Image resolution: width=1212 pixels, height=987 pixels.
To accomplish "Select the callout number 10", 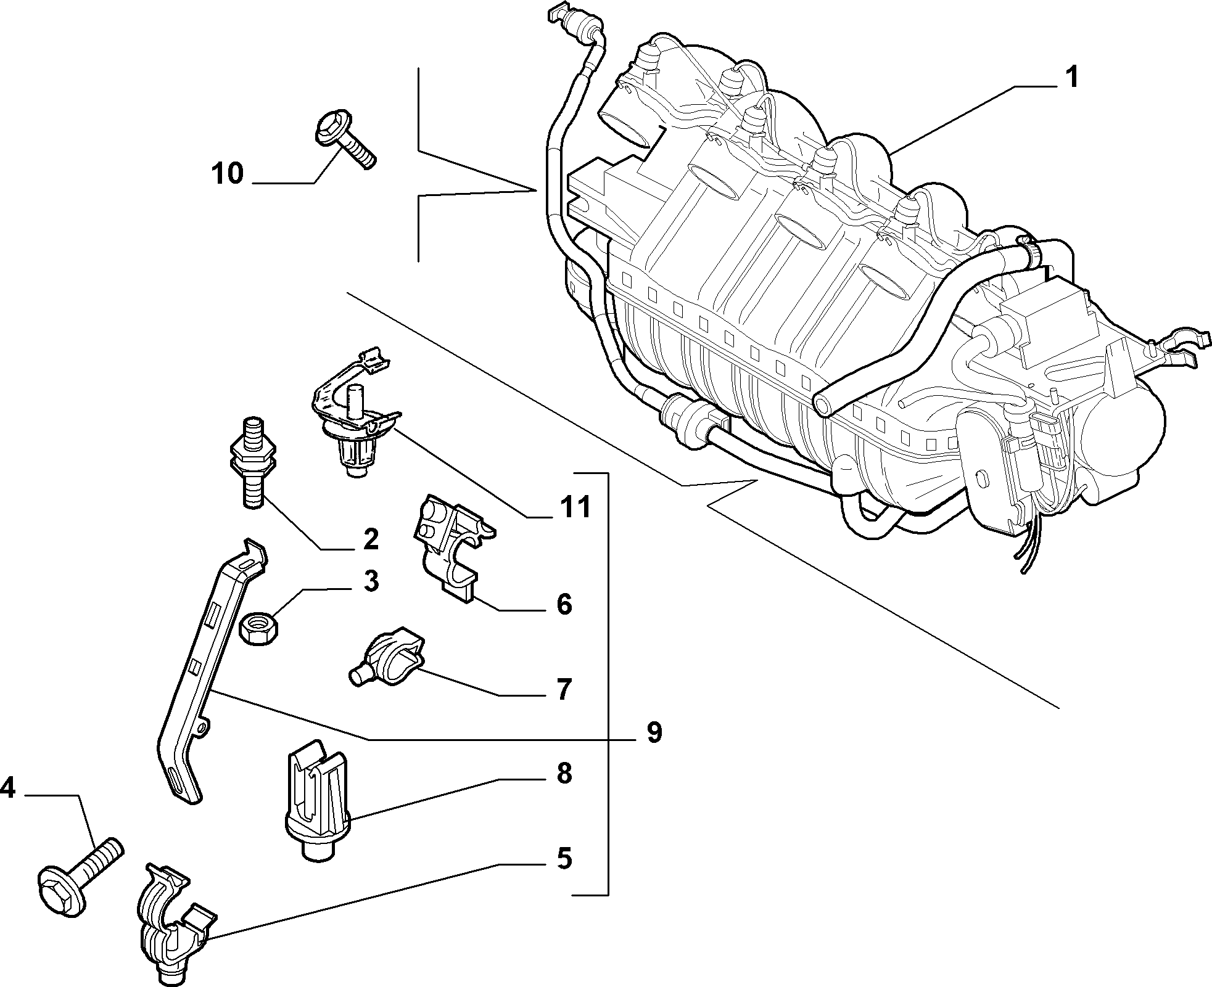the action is (228, 173).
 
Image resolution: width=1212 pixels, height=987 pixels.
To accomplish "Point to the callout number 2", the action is (370, 539).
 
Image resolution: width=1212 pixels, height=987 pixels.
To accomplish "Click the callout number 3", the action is (370, 581).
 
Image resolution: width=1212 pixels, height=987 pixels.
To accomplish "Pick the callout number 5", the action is (563, 858).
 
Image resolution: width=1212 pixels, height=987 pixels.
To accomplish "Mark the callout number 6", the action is (563, 604).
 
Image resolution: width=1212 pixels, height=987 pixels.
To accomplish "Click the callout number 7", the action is (563, 689).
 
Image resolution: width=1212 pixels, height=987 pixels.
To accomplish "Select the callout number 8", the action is (563, 773).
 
